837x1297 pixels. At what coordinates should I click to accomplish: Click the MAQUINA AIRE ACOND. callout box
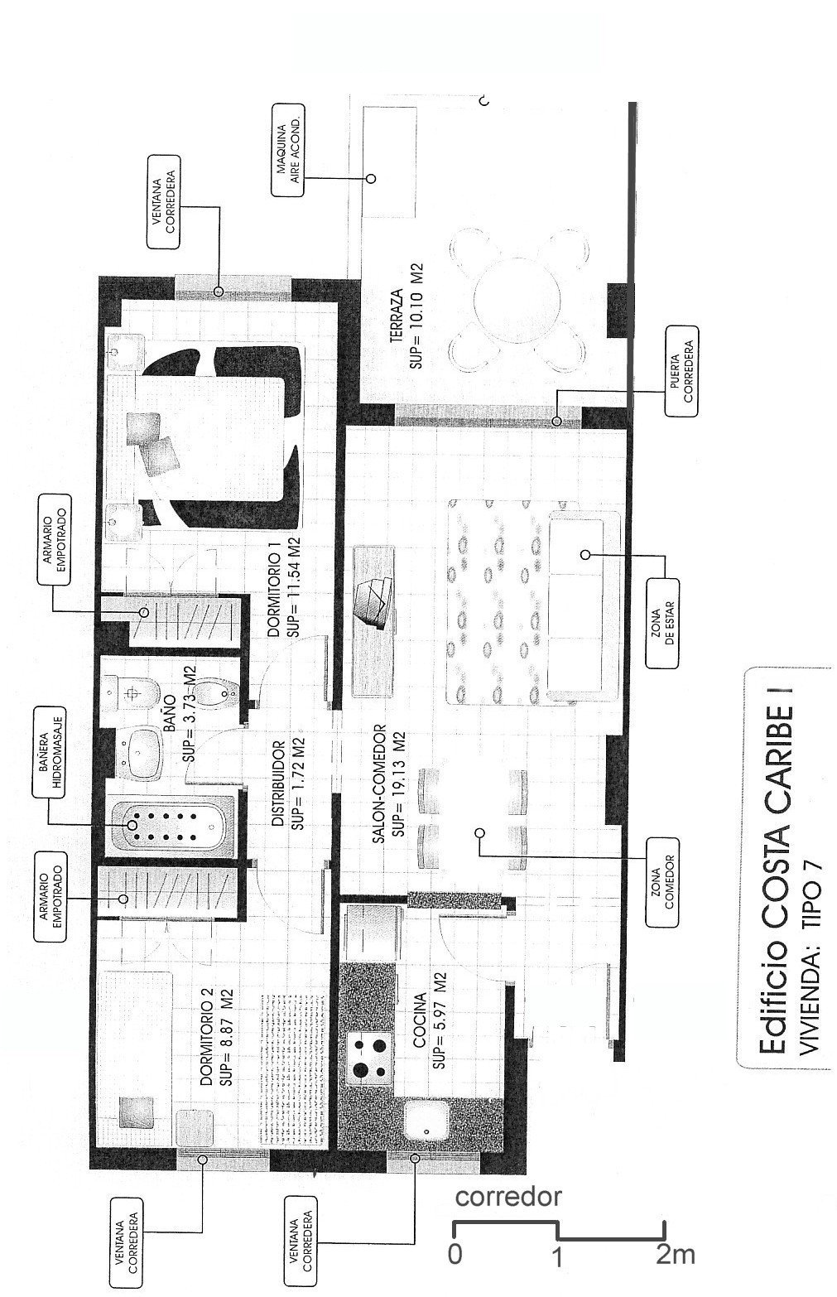click(x=287, y=151)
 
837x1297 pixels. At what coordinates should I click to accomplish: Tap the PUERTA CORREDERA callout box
click(x=682, y=371)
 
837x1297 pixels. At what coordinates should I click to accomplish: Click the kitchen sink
click(x=426, y=1117)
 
